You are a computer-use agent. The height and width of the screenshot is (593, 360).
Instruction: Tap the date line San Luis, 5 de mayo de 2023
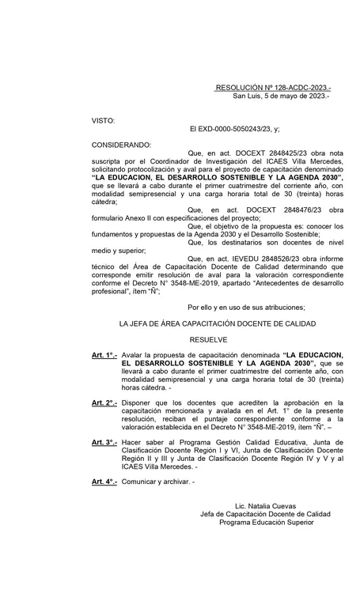click(281, 96)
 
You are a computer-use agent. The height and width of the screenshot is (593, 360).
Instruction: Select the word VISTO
click(104, 120)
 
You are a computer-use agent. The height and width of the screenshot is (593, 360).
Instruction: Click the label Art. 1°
click(104, 356)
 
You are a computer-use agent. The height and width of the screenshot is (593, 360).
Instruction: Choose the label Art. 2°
click(104, 403)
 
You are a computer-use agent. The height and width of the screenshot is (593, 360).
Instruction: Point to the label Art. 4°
click(104, 482)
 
